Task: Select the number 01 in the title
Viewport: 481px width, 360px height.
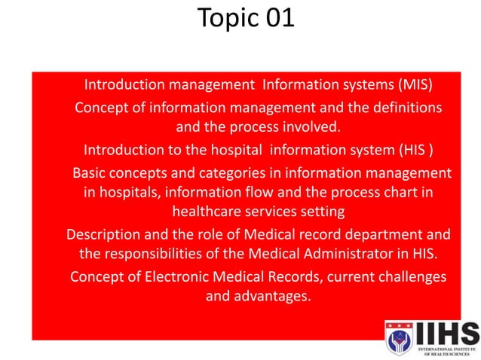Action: click(279, 18)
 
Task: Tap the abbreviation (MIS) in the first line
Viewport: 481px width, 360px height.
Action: click(414, 84)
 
